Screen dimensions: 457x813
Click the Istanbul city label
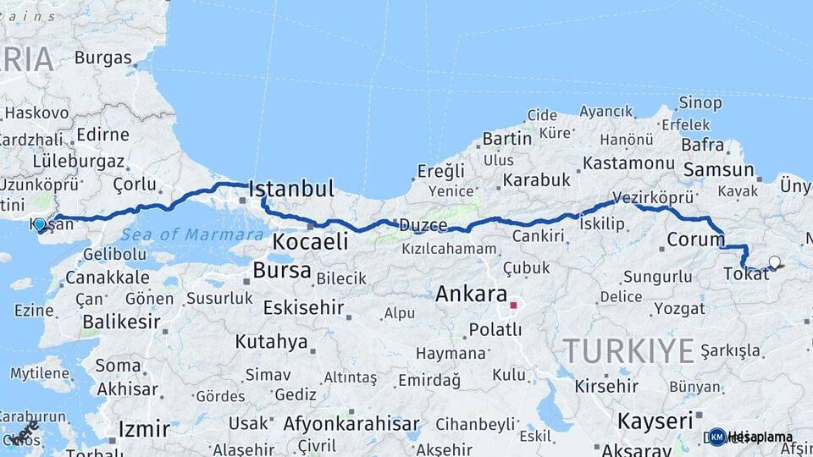point(291,188)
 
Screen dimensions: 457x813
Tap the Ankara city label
point(470,294)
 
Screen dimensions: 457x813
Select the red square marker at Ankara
point(513,305)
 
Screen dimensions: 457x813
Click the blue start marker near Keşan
point(40,225)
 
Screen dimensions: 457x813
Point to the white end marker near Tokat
point(774,262)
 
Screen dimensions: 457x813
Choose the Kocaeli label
point(310,242)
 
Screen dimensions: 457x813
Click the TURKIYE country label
point(628,350)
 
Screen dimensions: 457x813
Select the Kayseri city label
point(655,421)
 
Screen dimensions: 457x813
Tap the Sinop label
point(700,103)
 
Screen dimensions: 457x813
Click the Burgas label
point(103,58)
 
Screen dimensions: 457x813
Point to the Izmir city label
point(144,428)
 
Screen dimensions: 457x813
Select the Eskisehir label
point(302,308)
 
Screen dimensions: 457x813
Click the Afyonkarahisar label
point(351,424)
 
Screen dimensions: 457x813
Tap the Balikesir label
point(122,322)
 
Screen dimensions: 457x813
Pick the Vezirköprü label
point(653,197)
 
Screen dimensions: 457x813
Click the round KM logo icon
point(717,437)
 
